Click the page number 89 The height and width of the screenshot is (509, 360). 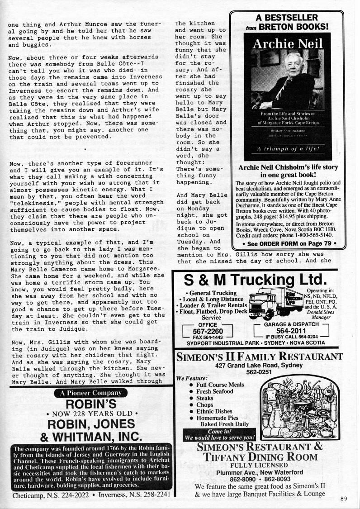point(344,499)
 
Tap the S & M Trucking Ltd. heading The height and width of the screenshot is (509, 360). point(255,279)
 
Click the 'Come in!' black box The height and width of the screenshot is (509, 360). point(219,435)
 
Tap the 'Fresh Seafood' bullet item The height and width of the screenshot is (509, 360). point(214,391)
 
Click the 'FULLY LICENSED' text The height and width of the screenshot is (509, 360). point(259,465)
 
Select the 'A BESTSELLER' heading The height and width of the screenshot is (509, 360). point(287,18)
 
